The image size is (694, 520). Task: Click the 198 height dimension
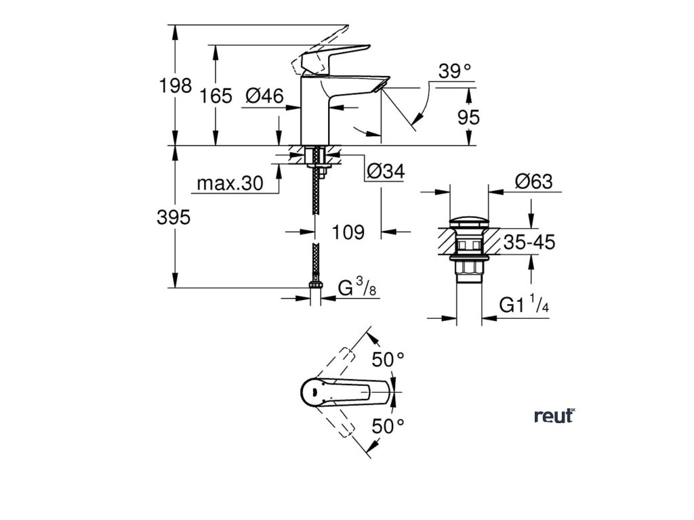point(175,86)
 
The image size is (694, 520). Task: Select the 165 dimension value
point(216,96)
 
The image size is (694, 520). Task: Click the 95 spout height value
point(468,116)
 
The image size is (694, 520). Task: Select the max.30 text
point(230,183)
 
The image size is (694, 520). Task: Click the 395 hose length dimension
point(174,217)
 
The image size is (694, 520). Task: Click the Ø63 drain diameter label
point(533,181)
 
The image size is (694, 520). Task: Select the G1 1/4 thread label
point(524,306)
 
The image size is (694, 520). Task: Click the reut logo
point(554,416)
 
